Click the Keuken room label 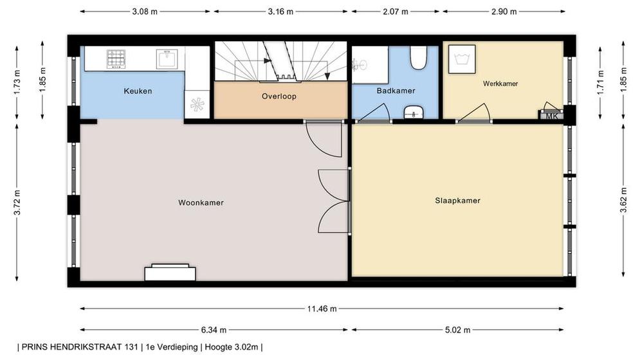138,91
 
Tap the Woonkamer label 201,203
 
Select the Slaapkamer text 457,201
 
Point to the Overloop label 279,96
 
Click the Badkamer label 396,91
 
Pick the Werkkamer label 500,84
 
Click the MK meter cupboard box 551,116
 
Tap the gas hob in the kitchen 116,59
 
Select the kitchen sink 167,59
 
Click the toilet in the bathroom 418,57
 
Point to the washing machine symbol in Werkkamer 462,59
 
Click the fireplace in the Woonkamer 170,272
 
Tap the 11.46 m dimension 322,309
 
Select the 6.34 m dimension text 214,330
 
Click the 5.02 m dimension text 457,330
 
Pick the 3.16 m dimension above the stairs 280,12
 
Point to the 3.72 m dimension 17,203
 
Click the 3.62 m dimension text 623,201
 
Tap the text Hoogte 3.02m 232,347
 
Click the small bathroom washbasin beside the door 414,113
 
